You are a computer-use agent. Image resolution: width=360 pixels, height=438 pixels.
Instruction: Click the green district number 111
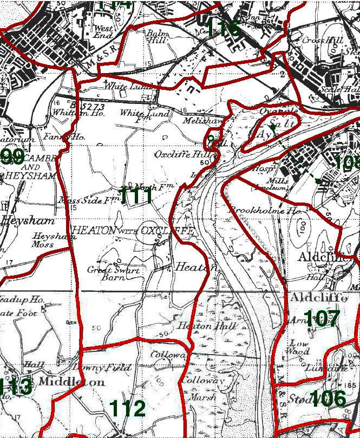tap(136, 196)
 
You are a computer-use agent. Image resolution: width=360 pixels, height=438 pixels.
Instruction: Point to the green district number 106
tap(328, 399)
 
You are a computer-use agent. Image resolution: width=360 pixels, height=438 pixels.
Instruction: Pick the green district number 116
tap(222, 28)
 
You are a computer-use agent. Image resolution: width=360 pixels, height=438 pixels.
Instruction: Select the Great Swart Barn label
tap(113, 273)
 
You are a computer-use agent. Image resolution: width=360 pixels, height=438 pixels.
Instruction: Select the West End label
tap(103, 31)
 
